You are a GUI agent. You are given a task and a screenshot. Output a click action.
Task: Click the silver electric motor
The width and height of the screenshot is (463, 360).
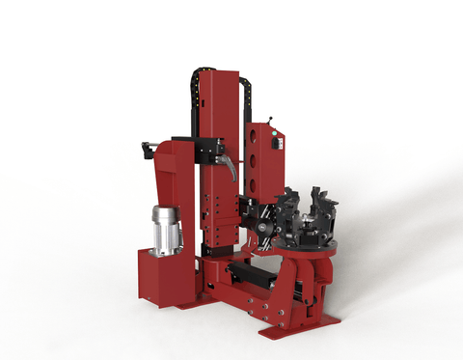(166, 230)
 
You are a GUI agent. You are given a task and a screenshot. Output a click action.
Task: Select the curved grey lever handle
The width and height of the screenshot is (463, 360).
(229, 170)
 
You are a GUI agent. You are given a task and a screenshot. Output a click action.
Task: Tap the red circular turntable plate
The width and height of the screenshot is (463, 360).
(309, 249)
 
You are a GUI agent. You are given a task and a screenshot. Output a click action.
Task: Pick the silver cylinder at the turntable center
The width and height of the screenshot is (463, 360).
(309, 229)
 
